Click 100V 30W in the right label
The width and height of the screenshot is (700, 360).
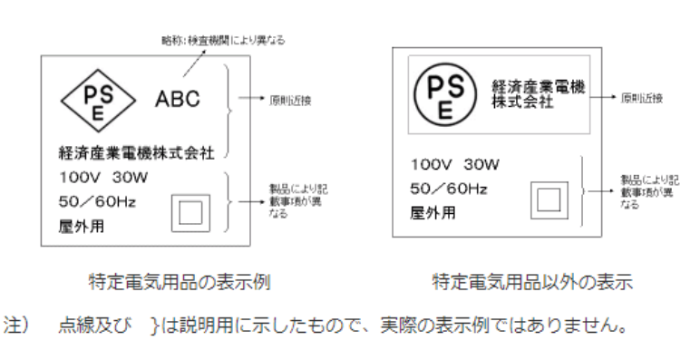[x=453, y=165]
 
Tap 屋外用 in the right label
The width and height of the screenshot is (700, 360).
[x=433, y=213]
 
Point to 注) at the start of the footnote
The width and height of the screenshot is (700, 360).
[x=18, y=324]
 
